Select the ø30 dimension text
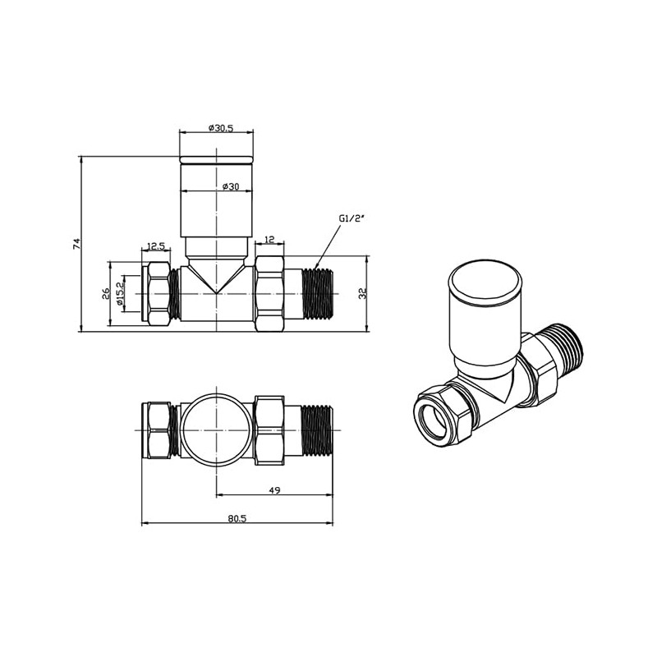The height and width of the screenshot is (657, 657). (230, 186)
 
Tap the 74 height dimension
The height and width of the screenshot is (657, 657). (76, 244)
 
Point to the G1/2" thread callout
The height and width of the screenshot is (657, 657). (351, 219)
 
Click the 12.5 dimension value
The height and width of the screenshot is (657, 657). (156, 246)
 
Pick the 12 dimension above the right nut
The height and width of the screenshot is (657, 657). (269, 240)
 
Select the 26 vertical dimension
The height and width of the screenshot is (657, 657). (106, 295)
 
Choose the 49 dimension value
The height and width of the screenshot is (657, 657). (275, 490)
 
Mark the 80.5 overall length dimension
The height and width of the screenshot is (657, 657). (237, 518)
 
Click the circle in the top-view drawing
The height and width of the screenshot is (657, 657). (216, 430)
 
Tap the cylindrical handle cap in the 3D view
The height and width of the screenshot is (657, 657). (484, 312)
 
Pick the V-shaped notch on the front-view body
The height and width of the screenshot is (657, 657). (216, 283)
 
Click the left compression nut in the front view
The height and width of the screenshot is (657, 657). (158, 294)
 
